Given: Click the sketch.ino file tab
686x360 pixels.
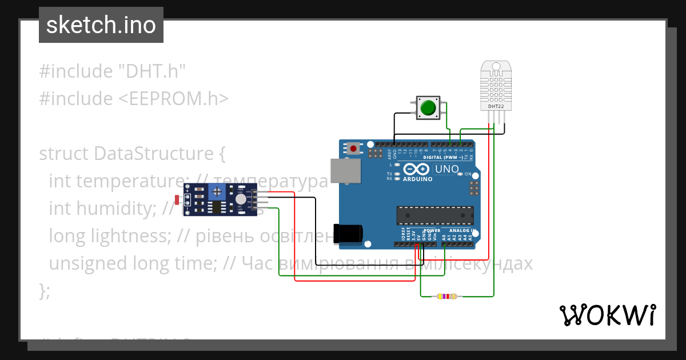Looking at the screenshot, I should click(x=101, y=25).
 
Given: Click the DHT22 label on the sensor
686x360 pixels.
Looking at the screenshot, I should click(x=495, y=106).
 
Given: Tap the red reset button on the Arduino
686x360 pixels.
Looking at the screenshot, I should click(x=354, y=149).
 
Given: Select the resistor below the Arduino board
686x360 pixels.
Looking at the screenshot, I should click(x=446, y=297).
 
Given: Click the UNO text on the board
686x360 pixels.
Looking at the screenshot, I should click(x=447, y=169).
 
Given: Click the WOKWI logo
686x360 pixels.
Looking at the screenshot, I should click(x=607, y=315).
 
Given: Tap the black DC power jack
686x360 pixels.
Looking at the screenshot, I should click(x=348, y=233).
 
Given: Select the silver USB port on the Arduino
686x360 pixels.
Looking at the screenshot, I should click(x=345, y=171).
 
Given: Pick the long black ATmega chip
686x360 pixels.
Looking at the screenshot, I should click(x=435, y=215).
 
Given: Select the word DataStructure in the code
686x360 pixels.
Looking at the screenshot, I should click(x=153, y=154).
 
